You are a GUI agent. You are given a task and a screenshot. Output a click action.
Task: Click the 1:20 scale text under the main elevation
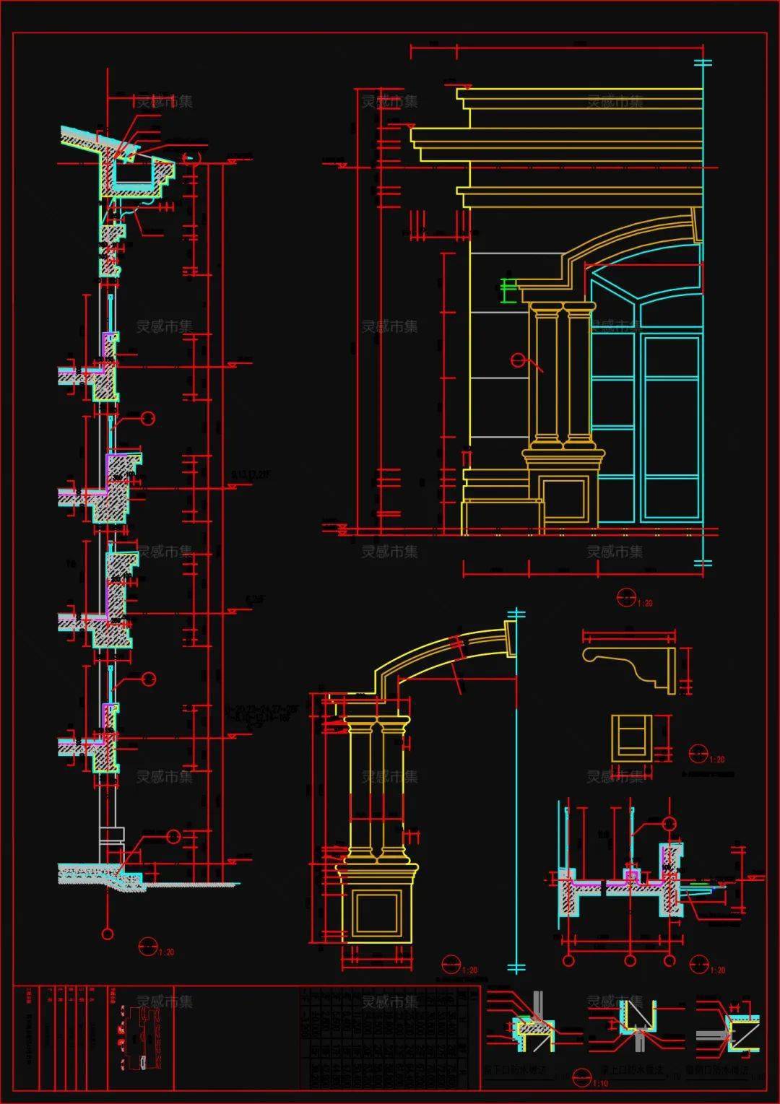coord(645,603)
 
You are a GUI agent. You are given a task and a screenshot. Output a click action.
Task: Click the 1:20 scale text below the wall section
coord(167,952)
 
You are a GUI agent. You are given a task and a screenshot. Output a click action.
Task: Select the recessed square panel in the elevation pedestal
coord(564,498)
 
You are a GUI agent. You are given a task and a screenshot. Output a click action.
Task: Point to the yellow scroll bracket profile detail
coord(628,664)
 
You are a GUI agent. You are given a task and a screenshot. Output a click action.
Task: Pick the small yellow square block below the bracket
coord(631,739)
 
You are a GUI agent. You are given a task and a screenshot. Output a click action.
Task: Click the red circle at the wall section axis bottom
coord(108,934)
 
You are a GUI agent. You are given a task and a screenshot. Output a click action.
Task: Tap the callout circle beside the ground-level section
coord(173,836)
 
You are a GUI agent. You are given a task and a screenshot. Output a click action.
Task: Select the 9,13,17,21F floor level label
coord(250,474)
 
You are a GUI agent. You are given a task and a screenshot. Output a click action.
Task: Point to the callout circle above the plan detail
coord(669,824)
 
